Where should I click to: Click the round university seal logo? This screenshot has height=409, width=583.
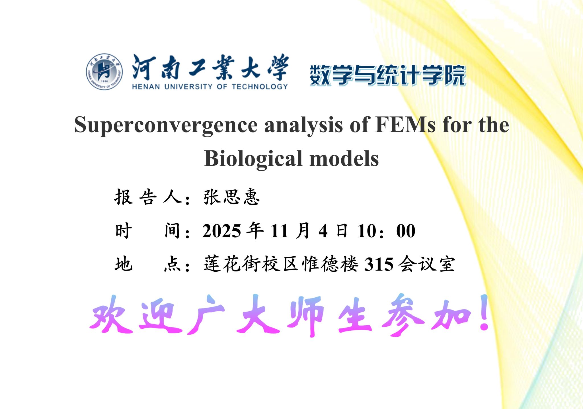(x=104, y=71)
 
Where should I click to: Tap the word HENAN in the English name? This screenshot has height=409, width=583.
(x=146, y=87)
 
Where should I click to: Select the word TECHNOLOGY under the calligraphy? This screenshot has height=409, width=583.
(x=260, y=87)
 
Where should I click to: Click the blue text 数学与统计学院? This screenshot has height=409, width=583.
(x=388, y=75)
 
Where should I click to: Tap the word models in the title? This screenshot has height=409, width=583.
(x=344, y=158)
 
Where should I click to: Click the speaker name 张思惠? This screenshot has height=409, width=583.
(x=231, y=197)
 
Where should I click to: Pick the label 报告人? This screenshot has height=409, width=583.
(x=148, y=197)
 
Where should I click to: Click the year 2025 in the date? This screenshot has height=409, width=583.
(x=222, y=231)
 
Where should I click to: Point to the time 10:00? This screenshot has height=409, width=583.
(x=386, y=231)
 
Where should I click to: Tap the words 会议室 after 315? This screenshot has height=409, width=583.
(x=426, y=264)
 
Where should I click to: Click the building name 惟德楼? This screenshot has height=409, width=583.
(x=330, y=264)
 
